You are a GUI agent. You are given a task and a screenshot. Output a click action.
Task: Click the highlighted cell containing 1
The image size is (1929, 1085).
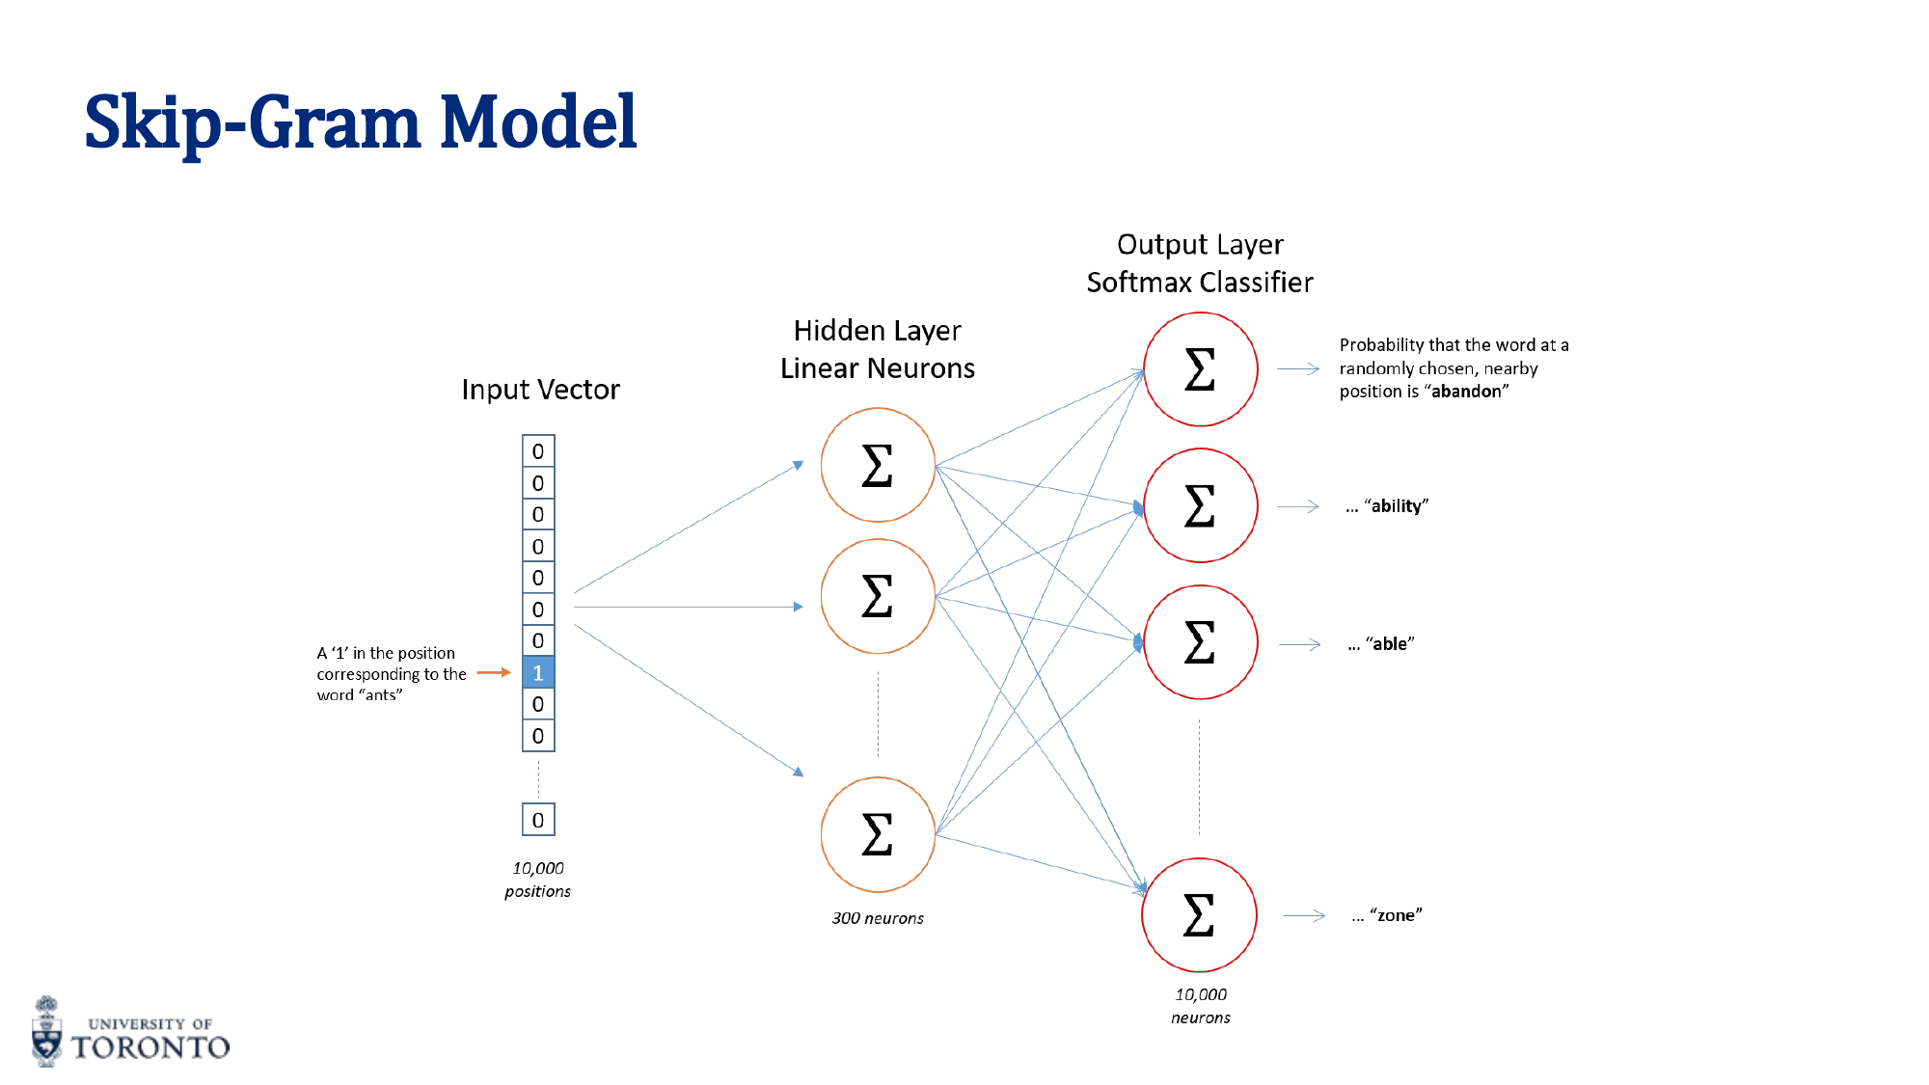point(538,672)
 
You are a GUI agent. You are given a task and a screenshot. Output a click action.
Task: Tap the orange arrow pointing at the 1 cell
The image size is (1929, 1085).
point(493,672)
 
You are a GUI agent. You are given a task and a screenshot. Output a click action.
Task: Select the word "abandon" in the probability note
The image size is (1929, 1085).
point(1466,392)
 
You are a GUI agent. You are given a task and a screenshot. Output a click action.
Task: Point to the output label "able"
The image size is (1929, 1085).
point(1390,644)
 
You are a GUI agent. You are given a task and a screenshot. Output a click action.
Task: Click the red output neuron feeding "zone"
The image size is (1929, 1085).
point(1199,915)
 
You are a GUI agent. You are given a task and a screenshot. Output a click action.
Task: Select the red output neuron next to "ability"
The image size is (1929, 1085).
point(1200,505)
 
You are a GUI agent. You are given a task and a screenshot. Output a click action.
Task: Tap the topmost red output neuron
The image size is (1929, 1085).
point(1200,368)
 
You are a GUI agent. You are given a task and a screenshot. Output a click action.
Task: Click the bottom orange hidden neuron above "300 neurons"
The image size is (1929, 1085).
point(878,834)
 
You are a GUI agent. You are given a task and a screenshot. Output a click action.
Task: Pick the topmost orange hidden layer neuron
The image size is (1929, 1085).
point(878,465)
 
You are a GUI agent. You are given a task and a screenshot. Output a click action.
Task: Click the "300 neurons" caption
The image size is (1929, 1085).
point(878,918)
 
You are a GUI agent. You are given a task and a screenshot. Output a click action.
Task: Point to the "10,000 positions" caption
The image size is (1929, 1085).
point(538,880)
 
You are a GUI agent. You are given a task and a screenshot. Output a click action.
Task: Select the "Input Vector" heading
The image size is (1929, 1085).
point(540,390)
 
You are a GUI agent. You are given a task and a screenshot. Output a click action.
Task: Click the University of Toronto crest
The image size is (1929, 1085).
point(46,1032)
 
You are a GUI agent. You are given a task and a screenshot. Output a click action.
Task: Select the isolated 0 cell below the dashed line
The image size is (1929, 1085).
point(538,820)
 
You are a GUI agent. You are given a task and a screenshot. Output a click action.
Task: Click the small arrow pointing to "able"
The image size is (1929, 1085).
point(1299,644)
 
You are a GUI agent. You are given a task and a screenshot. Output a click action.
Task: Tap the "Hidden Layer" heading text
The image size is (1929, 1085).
point(877,331)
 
